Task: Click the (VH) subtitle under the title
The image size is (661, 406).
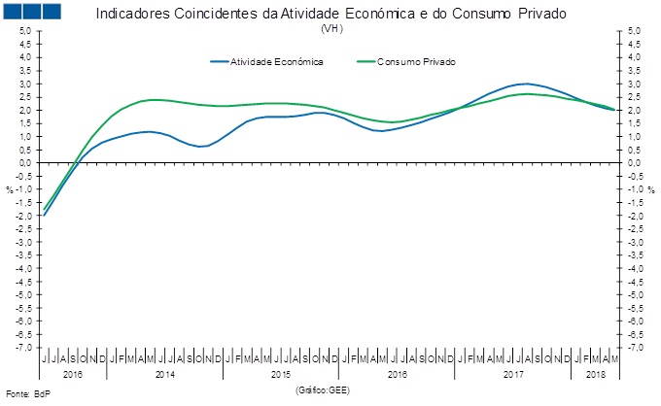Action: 330,28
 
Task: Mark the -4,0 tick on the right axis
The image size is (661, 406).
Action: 637,268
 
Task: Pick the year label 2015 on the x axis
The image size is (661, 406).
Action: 281,372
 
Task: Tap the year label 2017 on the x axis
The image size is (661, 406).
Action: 514,372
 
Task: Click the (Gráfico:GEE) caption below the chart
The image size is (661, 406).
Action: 323,389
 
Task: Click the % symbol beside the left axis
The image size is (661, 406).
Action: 10,189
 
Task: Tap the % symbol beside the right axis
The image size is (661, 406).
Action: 651,189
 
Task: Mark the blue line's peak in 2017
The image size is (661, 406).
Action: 526,84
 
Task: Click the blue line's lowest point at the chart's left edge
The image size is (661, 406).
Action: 44,215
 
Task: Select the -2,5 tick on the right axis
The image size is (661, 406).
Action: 637,228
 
